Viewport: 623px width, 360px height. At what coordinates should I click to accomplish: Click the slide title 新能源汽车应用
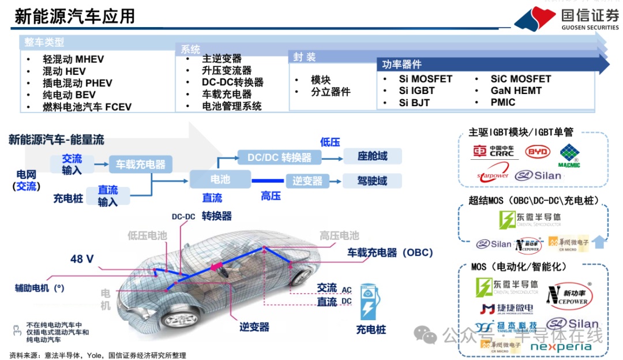pyautogui.click(x=74, y=16)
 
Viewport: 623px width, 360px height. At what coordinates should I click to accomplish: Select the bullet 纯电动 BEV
pyautogui.click(x=69, y=95)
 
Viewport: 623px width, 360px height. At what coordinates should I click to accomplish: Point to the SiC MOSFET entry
pyautogui.click(x=520, y=79)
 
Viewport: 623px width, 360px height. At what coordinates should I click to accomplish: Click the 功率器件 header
pyautogui.click(x=402, y=64)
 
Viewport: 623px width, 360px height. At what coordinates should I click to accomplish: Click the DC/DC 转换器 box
pyautogui.click(x=279, y=157)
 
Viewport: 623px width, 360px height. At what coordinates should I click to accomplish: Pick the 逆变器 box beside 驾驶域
pyautogui.click(x=307, y=181)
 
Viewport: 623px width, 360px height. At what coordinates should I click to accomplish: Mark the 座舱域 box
pyautogui.click(x=372, y=156)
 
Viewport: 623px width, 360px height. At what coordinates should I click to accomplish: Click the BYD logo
pyautogui.click(x=537, y=152)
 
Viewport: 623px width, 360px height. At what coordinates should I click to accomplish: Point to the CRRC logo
pyautogui.click(x=493, y=152)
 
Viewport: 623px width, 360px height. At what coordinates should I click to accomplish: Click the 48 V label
pyautogui.click(x=82, y=259)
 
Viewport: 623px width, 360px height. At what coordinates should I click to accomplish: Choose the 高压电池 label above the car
pyautogui.click(x=339, y=235)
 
